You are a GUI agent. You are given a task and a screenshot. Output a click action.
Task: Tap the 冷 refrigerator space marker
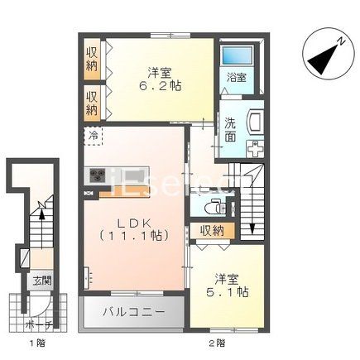93,134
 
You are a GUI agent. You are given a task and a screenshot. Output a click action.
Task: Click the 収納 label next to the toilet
212,231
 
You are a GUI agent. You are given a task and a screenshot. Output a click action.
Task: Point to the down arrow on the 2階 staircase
252,211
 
